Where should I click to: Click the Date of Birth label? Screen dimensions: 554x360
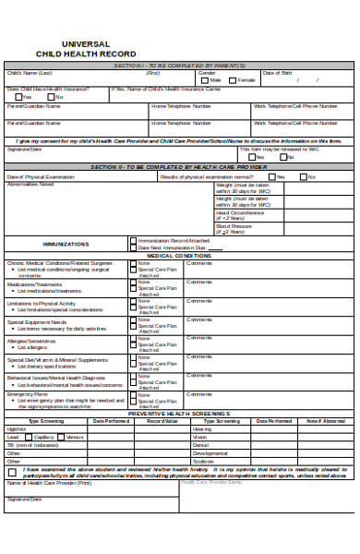pyautogui.click(x=279, y=72)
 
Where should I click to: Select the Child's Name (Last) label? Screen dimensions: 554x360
pyautogui.click(x=30, y=72)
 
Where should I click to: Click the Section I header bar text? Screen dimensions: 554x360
pyautogui.click(x=180, y=65)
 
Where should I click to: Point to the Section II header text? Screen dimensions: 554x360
pyautogui.click(x=180, y=166)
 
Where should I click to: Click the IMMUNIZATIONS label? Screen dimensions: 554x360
pyautogui.click(x=66, y=245)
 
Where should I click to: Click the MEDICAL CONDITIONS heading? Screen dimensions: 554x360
pyautogui.click(x=180, y=256)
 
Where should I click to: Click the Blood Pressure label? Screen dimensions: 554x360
pyautogui.click(x=234, y=225)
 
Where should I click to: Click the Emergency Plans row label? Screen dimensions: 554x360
pyautogui.click(x=26, y=394)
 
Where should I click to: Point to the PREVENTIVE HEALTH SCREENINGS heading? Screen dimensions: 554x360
pyautogui.click(x=180, y=413)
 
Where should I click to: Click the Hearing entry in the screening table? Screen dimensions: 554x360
pyautogui.click(x=202, y=428)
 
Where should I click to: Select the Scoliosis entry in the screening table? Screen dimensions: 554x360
pyautogui.click(x=203, y=461)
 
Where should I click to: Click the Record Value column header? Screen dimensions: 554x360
pyautogui.click(x=162, y=420)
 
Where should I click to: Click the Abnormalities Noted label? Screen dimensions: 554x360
pyautogui.click(x=30, y=184)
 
